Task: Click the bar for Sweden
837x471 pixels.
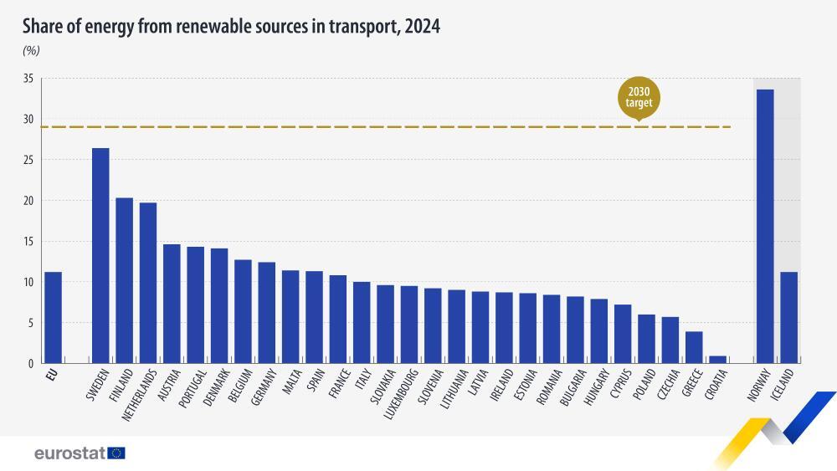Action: pyautogui.click(x=100, y=256)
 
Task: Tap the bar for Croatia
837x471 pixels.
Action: pyautogui.click(x=717, y=360)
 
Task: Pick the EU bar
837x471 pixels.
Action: pyautogui.click(x=53, y=318)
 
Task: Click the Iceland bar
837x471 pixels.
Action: pyautogui.click(x=788, y=318)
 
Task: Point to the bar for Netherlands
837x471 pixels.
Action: pyautogui.click(x=148, y=283)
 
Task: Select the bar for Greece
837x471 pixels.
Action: pyautogui.click(x=694, y=347)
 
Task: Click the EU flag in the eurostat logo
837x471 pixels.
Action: pyautogui.click(x=116, y=453)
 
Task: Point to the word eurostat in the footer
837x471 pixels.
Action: pyautogui.click(x=69, y=453)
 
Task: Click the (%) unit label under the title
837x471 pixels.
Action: pyautogui.click(x=31, y=50)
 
